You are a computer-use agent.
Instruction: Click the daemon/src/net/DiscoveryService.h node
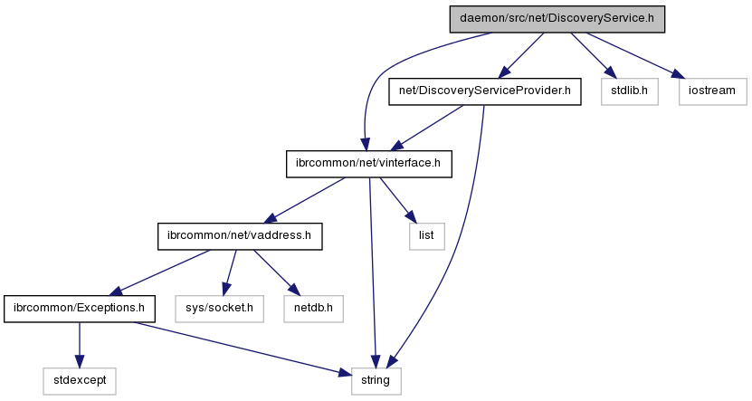[x=557, y=18]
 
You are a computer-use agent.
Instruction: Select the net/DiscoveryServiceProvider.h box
[x=483, y=91]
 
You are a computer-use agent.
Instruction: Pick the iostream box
[x=713, y=91]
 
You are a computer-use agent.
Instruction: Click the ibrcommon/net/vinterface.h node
[x=367, y=164]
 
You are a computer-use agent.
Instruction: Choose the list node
[x=426, y=236]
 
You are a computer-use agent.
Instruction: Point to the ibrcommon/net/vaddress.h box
[x=239, y=236]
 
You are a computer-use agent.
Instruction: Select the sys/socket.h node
[x=219, y=309]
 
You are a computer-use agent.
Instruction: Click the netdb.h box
[x=313, y=309]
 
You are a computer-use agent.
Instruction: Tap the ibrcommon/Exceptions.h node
[x=79, y=309]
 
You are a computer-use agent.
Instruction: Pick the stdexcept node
[x=79, y=381]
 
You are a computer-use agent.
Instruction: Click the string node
[x=376, y=381]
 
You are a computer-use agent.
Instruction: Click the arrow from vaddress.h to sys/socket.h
[x=230, y=272]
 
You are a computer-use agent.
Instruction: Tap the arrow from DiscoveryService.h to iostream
[x=633, y=53]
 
